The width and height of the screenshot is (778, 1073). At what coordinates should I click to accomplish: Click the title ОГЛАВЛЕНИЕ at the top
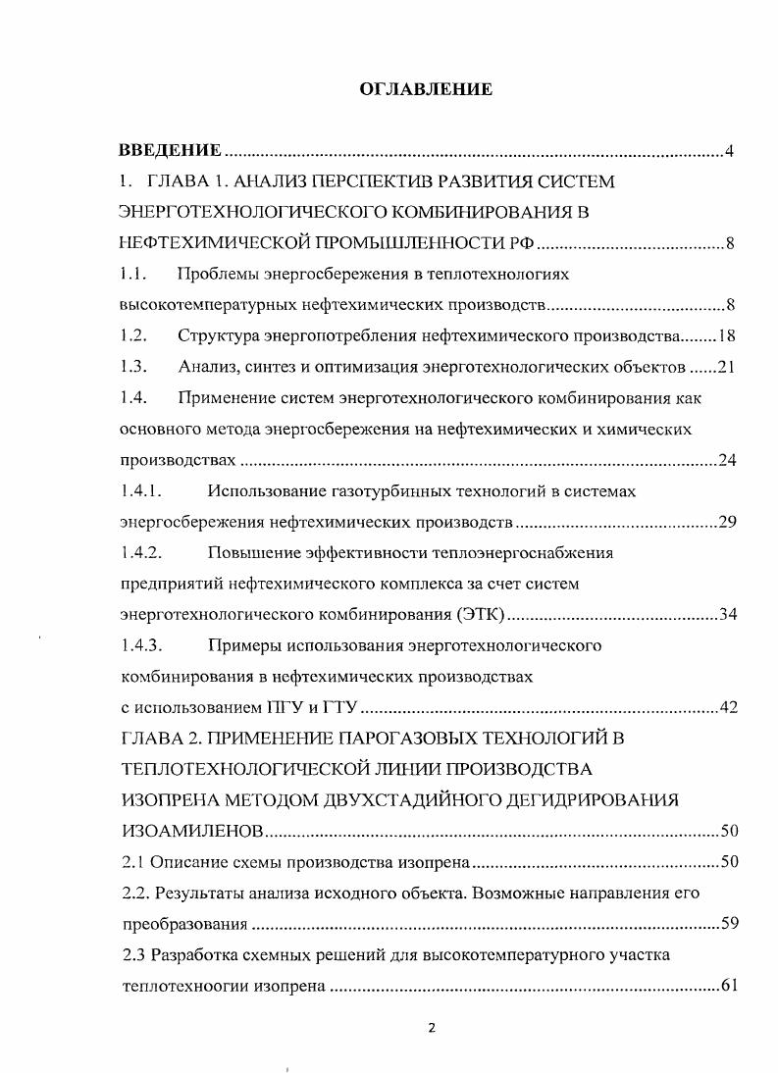pyautogui.click(x=426, y=89)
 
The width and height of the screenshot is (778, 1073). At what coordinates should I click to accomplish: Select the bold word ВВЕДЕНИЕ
pyautogui.click(x=170, y=150)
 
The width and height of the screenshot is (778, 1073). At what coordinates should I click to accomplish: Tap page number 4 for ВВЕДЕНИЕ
pyautogui.click(x=730, y=151)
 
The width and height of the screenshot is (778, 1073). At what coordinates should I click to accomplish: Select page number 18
pyautogui.click(x=727, y=336)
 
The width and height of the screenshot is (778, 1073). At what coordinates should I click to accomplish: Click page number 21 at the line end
pyautogui.click(x=727, y=368)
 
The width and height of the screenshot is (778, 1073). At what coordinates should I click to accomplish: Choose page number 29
pyautogui.click(x=727, y=522)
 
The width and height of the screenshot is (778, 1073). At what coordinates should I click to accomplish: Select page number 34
pyautogui.click(x=727, y=615)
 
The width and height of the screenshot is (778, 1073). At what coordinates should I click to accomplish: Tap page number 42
pyautogui.click(x=727, y=708)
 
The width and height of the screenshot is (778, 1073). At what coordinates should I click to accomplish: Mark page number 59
pyautogui.click(x=727, y=924)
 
